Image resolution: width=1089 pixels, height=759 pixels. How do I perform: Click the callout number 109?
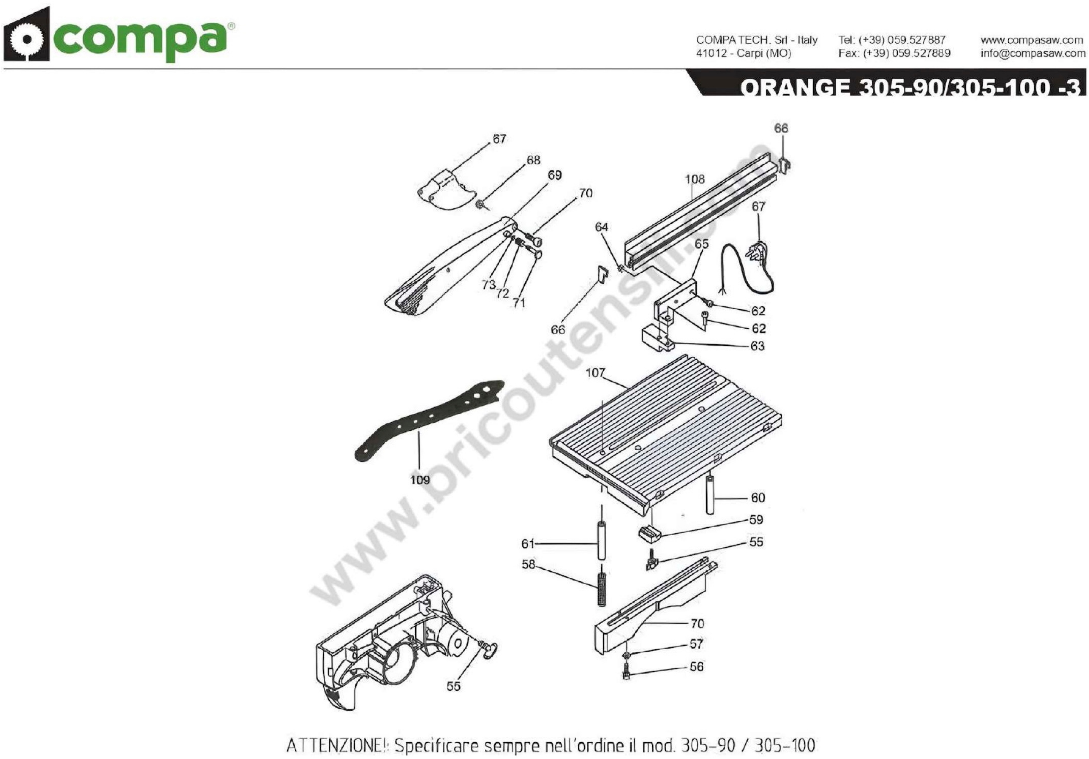420,480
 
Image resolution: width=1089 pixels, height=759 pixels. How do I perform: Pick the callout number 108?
695,179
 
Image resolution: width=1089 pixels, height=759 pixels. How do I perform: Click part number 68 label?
534,160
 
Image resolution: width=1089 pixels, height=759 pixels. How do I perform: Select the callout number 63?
757,346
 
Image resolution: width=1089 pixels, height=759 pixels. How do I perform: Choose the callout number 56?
696,667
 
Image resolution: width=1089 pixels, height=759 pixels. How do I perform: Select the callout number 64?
601,227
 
